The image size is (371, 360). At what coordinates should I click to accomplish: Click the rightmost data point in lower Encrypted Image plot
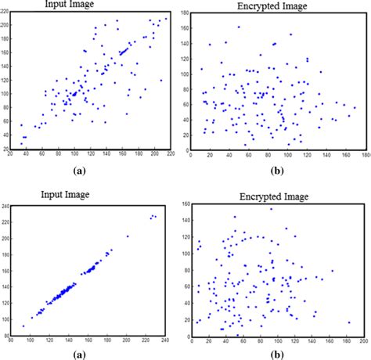click(349, 322)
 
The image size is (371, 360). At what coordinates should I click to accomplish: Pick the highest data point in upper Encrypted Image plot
click(239, 27)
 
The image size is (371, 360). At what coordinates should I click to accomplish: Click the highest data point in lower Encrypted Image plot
click(272, 209)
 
